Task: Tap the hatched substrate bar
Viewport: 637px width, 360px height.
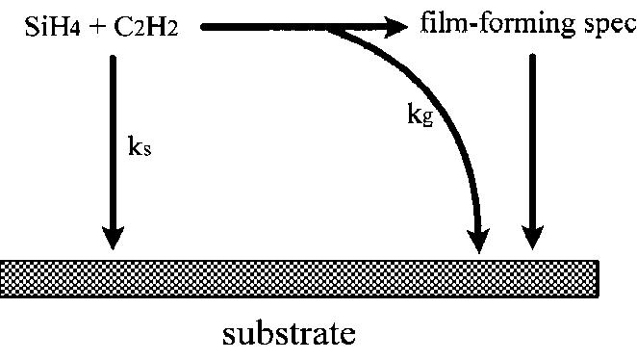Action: (298, 276)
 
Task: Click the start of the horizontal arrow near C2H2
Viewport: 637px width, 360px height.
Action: (205, 28)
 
